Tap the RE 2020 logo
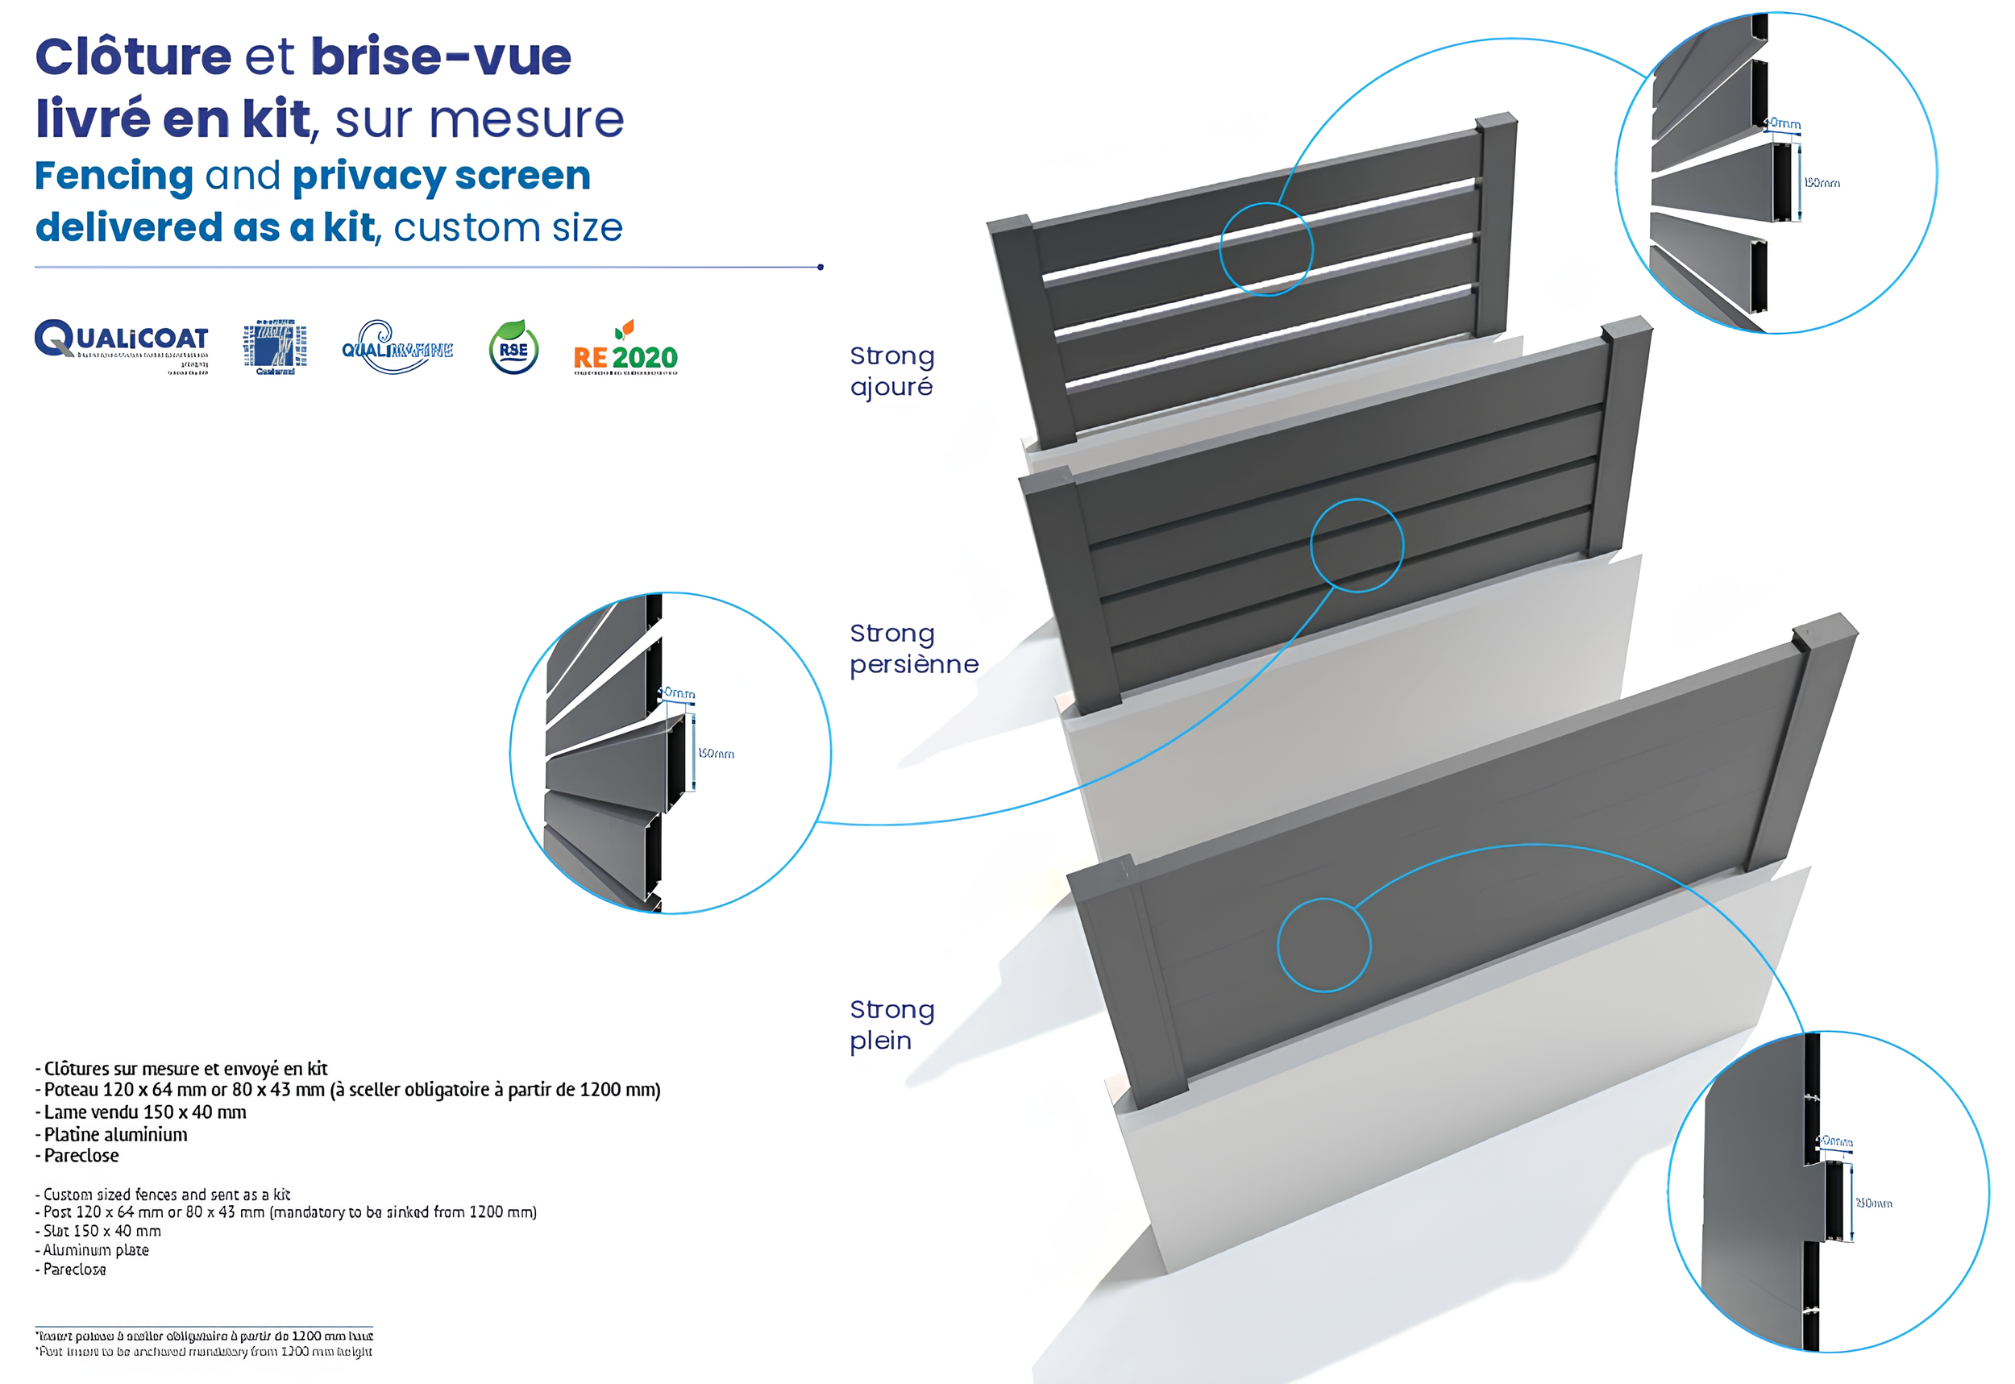click(625, 348)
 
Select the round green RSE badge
click(513, 347)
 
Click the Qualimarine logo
click(397, 347)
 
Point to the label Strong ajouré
click(891, 371)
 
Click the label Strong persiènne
click(913, 649)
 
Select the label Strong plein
click(891, 1025)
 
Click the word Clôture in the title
click(133, 57)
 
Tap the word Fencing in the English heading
click(114, 176)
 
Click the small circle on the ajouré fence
click(1266, 249)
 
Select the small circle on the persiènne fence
click(1357, 546)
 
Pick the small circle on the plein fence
click(1324, 946)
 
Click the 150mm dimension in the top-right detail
click(1822, 183)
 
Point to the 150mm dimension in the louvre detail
click(717, 754)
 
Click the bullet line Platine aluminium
click(115, 1134)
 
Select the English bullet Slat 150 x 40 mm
click(102, 1231)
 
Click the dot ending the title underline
click(821, 267)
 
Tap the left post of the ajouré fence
click(1032, 330)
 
